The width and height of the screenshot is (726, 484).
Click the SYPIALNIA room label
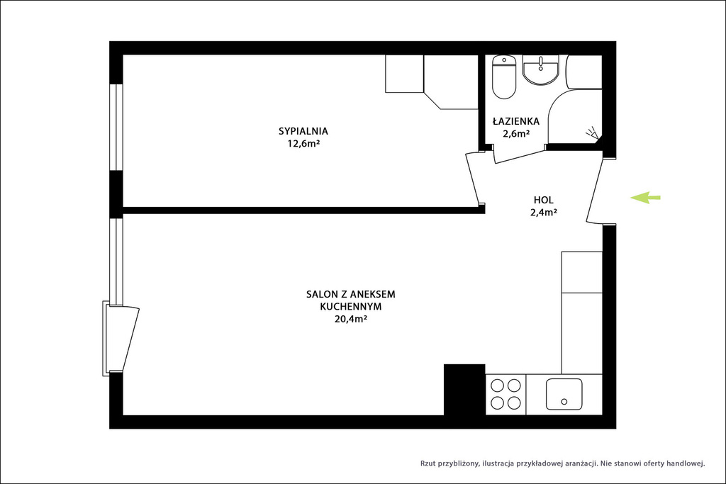[303, 131]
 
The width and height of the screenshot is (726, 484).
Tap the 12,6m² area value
[304, 143]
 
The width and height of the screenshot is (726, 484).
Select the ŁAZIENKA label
[516, 121]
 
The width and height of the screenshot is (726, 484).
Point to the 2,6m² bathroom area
[516, 134]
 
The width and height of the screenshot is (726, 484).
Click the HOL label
[544, 201]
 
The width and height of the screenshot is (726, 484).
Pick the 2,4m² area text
[544, 213]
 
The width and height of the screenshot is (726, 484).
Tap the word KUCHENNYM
[350, 306]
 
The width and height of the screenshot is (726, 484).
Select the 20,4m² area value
[350, 319]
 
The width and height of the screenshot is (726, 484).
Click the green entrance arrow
[645, 198]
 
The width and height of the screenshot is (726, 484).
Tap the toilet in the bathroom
[504, 77]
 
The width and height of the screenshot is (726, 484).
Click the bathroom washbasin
[540, 70]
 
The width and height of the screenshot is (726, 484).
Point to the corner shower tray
[575, 117]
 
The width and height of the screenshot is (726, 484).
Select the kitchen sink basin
[564, 394]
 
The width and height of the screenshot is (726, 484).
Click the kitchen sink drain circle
[564, 402]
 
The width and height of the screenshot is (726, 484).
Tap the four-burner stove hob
[506, 394]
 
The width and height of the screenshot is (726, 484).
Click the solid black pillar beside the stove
[464, 390]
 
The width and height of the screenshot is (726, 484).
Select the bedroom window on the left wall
[116, 128]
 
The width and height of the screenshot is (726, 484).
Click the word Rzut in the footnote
[428, 463]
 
